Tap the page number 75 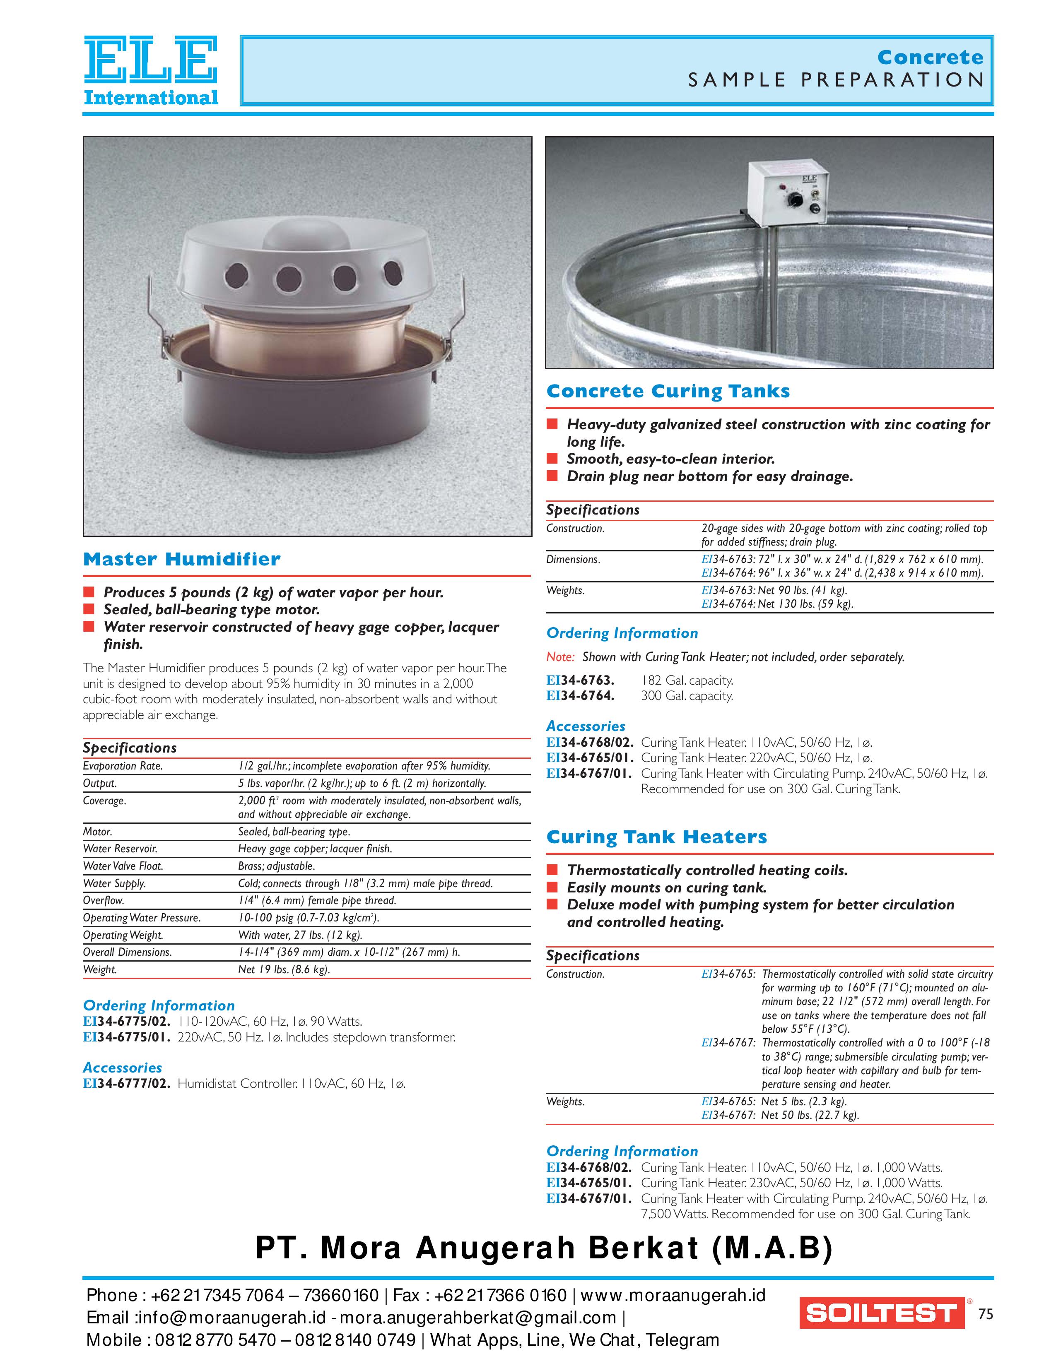click(985, 1314)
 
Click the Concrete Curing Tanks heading click(668, 392)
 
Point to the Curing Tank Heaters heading click(656, 837)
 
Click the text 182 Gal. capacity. click(686, 681)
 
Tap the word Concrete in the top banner click(930, 58)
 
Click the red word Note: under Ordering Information click(560, 657)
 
